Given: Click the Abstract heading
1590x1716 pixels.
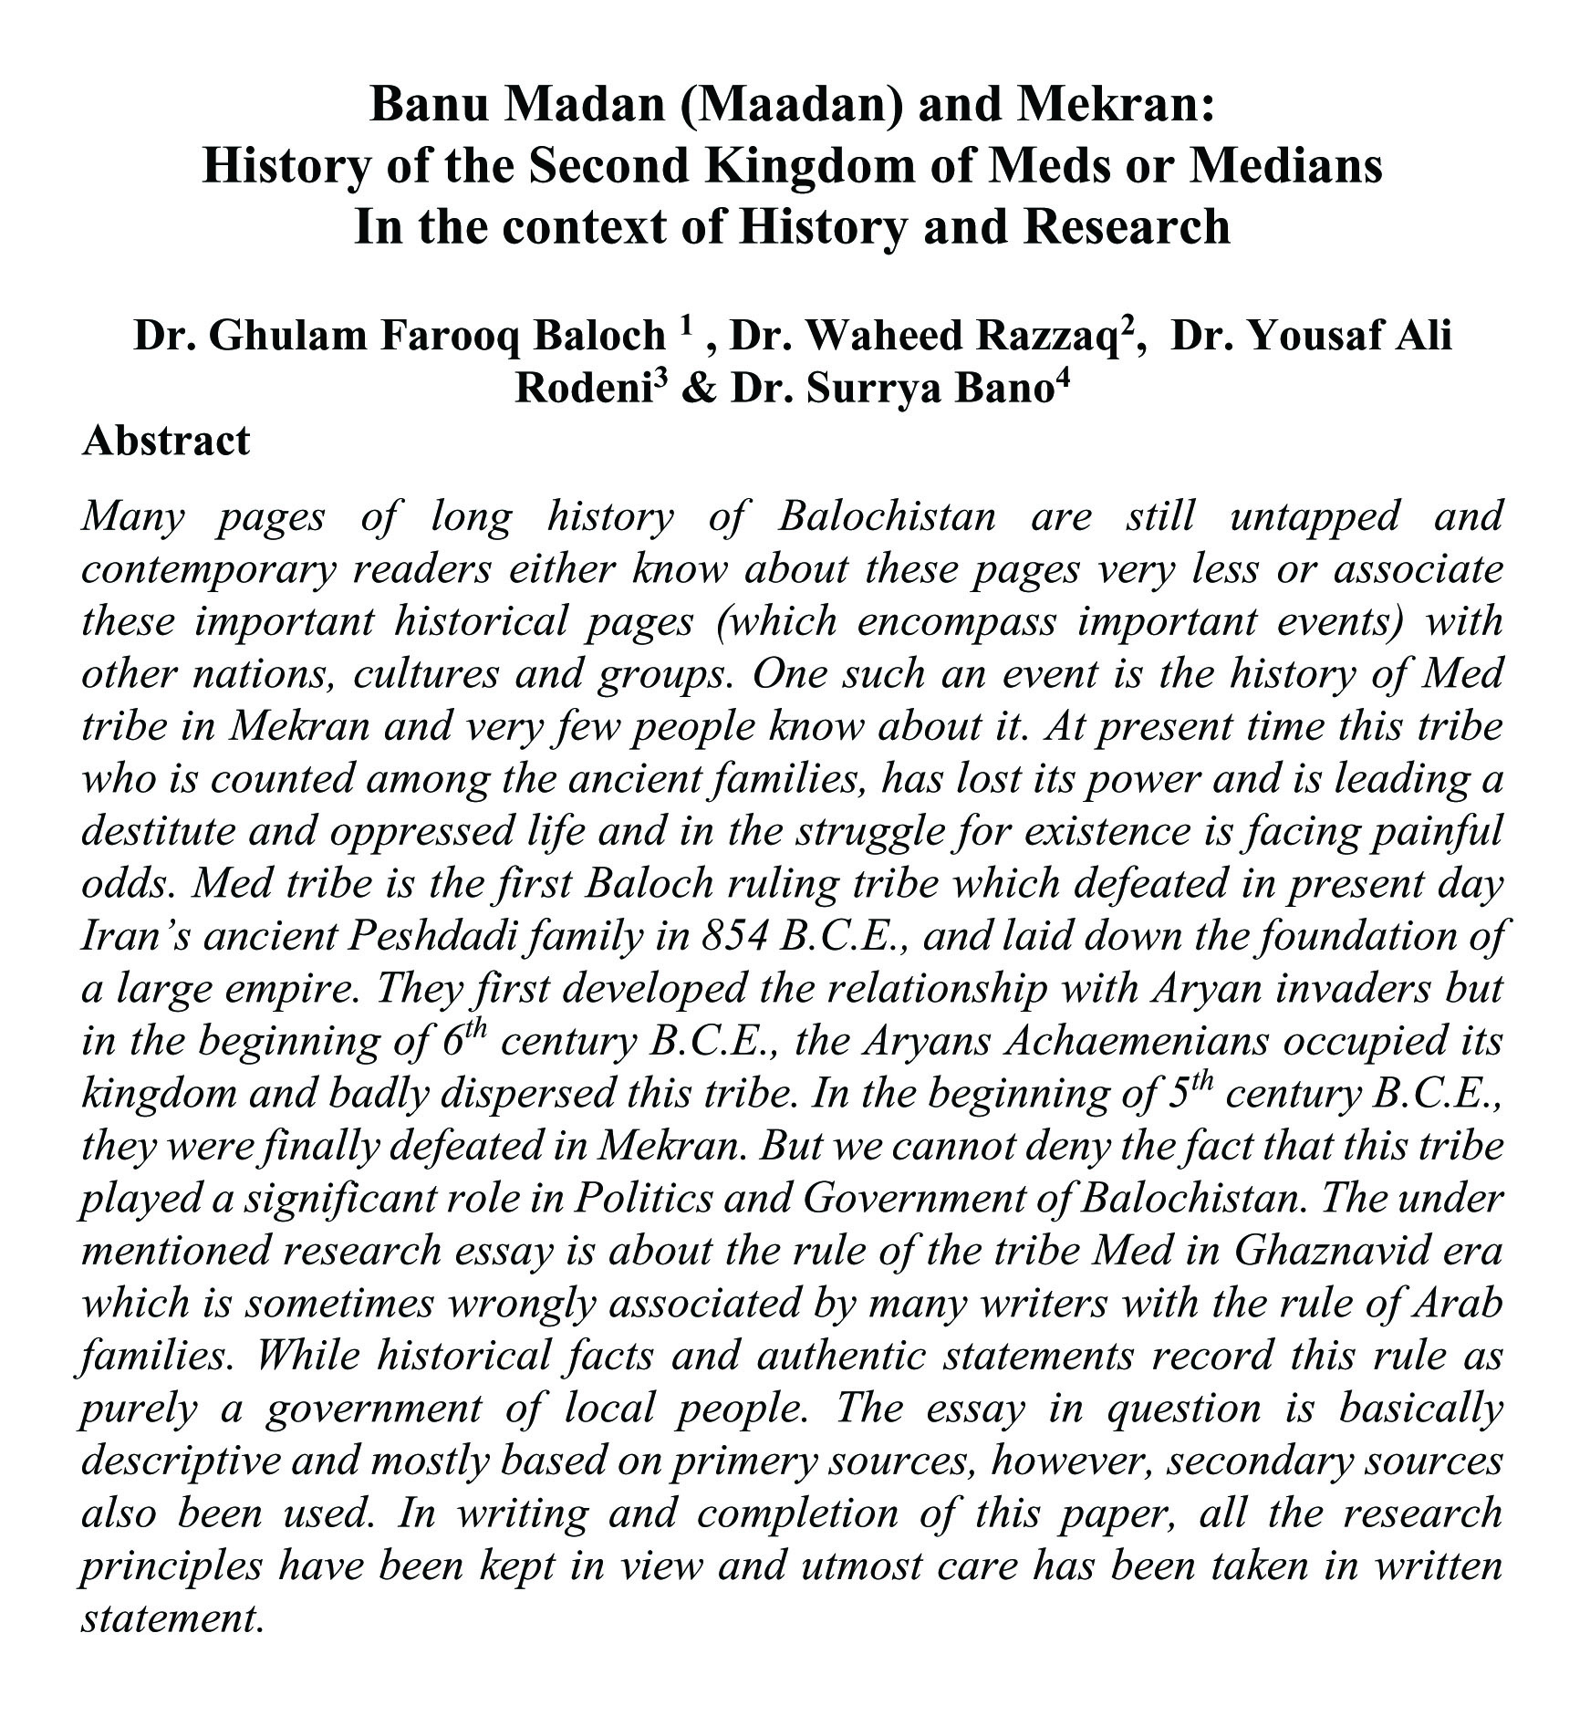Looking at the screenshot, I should coord(165,441).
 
